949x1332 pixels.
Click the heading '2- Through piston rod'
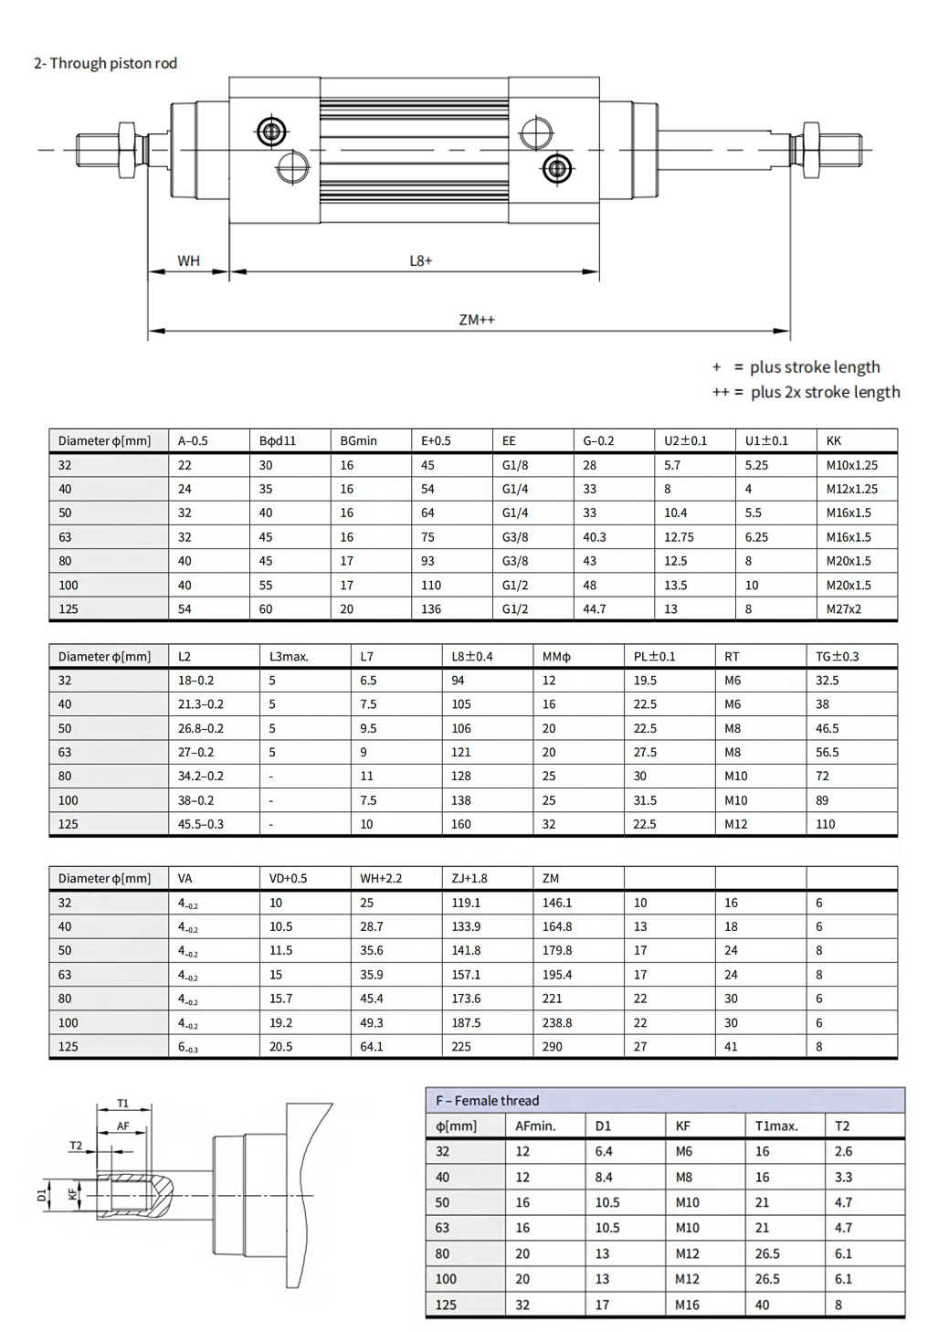[x=105, y=63]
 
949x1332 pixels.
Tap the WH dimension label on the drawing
[x=188, y=261]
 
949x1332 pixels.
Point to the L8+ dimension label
[x=420, y=261]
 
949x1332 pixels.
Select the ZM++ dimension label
[x=477, y=320]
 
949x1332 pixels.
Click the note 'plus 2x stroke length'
[x=825, y=392]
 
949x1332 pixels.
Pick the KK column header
[x=834, y=440]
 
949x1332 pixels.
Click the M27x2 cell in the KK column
[x=843, y=609]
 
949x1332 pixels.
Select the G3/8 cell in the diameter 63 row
[x=515, y=537]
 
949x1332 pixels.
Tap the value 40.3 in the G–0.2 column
[x=595, y=537]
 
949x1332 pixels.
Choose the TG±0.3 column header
[x=837, y=656]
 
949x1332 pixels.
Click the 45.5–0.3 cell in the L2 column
[x=201, y=824]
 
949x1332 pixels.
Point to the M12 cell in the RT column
[x=735, y=824]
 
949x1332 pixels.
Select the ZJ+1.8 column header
[x=469, y=878]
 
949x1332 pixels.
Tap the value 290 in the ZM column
[x=553, y=1047]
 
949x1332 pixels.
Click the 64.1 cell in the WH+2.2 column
[x=372, y=1047]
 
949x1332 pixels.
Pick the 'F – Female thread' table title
[x=488, y=1101]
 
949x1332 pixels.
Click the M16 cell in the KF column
[x=687, y=1305]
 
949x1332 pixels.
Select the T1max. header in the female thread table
[x=776, y=1126]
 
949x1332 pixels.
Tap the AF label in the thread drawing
[x=123, y=1126]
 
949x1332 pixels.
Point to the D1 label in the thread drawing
[x=42, y=1195]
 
